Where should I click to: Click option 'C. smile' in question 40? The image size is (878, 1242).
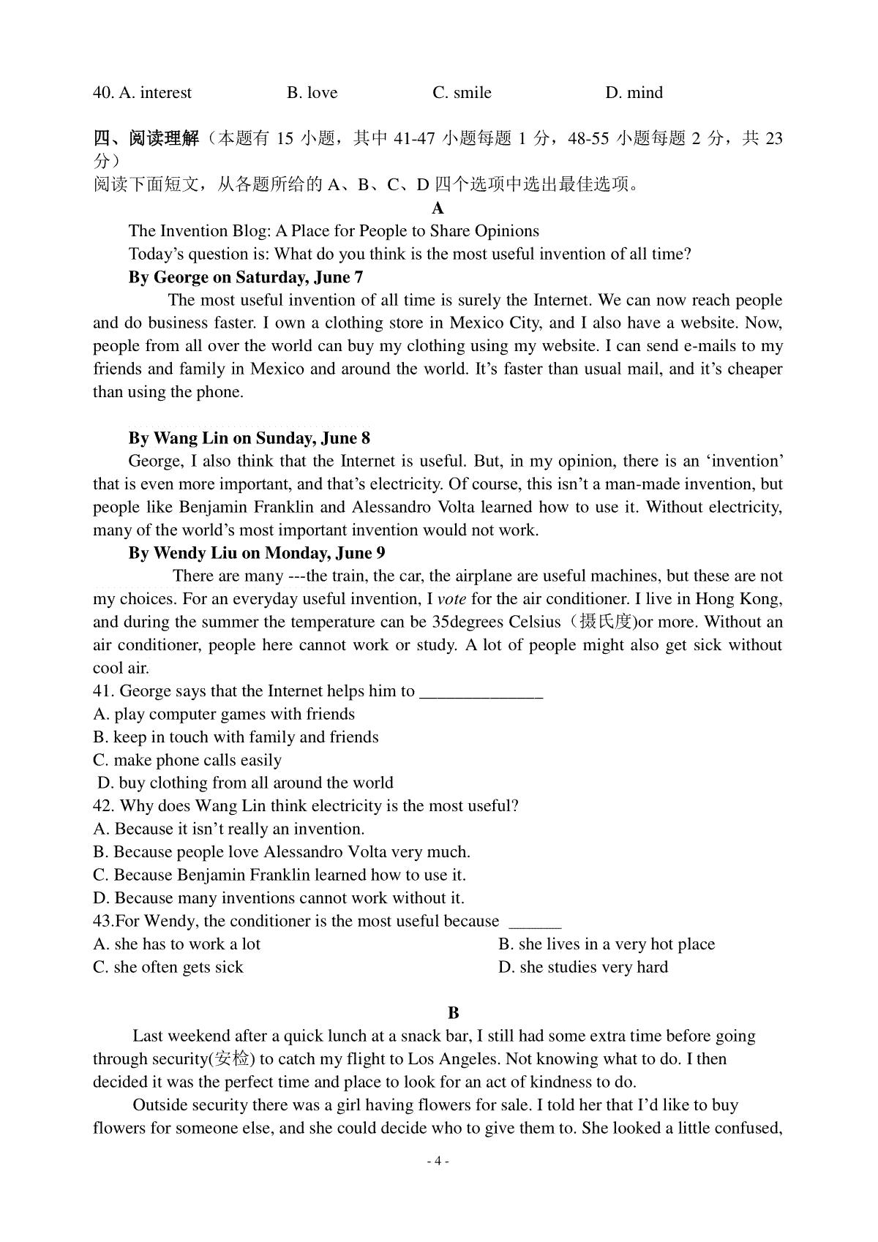(x=462, y=93)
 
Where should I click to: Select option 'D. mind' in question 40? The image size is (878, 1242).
(x=634, y=93)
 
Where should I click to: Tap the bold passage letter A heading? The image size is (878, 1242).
(x=438, y=208)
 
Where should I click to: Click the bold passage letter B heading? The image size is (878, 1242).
(x=453, y=1013)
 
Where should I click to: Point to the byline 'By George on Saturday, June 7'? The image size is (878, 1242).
(x=246, y=277)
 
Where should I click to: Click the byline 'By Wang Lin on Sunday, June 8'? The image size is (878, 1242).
(x=249, y=438)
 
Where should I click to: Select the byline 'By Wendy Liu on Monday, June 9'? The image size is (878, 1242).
(x=257, y=553)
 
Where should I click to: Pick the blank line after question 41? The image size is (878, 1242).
(x=481, y=692)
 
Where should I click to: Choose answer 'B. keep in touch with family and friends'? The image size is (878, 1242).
(x=236, y=737)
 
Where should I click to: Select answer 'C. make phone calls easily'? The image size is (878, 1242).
(x=187, y=760)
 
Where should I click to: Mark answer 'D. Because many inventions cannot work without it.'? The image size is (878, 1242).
(x=279, y=898)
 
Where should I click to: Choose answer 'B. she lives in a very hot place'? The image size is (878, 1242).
(x=607, y=944)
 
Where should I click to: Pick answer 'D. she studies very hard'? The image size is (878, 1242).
(x=583, y=967)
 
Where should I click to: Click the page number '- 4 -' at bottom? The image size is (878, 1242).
(x=438, y=1161)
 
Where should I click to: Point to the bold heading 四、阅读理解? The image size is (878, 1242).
(x=146, y=138)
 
